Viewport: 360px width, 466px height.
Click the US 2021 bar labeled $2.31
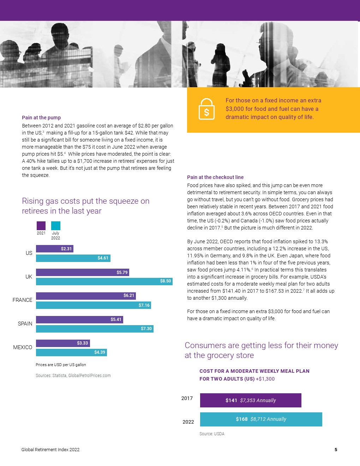click(55, 249)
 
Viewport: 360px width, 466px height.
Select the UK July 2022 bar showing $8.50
click(104, 281)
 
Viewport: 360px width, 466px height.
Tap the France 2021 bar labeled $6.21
click(86, 296)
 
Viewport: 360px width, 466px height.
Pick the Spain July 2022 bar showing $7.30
click(95, 329)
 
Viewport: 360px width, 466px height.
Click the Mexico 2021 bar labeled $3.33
click(63, 343)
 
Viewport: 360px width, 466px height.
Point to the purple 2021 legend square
click(41, 226)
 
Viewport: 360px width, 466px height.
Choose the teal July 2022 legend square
click(56, 226)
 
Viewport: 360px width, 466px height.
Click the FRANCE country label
click(23, 300)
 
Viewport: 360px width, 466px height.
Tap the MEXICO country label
click(23, 347)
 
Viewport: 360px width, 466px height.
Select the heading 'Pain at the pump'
click(41, 118)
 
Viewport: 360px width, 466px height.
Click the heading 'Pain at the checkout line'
click(215, 177)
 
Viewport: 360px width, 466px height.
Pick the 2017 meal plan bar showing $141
click(251, 400)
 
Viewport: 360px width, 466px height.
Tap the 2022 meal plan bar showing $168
click(261, 419)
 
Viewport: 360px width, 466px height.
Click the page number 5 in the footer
click(336, 450)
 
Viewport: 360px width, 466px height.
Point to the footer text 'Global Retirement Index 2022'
click(50, 450)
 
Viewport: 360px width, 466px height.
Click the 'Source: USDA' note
click(212, 434)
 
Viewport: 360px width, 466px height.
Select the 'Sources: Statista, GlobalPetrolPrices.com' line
click(73, 376)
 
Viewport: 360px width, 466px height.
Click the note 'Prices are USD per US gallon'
click(61, 365)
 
